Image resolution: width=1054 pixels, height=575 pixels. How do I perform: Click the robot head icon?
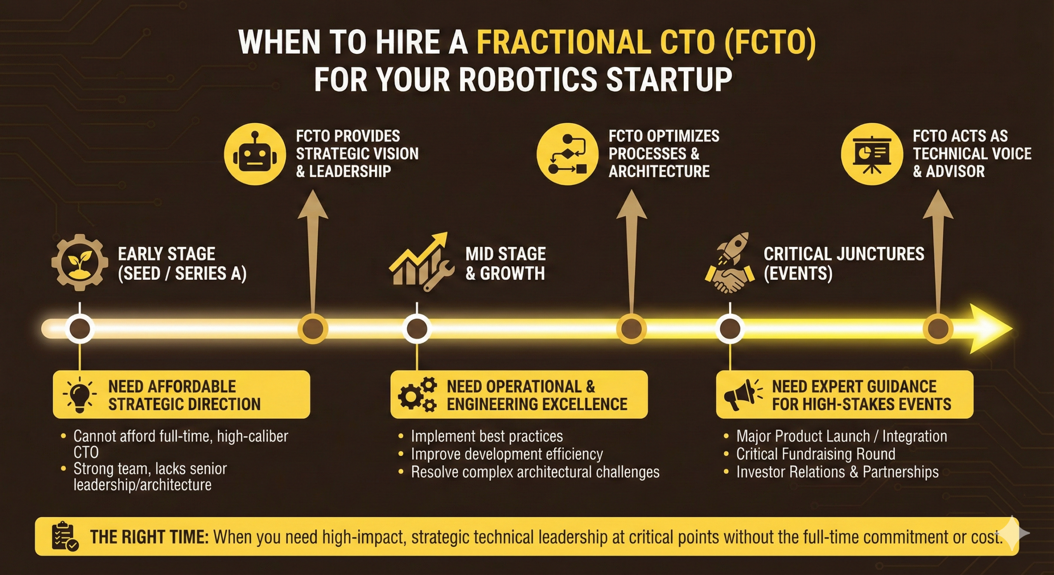click(255, 154)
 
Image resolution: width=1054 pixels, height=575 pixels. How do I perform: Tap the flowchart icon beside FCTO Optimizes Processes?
click(567, 154)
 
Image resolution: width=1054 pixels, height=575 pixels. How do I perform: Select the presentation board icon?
click(872, 154)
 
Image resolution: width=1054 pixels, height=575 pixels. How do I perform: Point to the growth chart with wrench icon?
click(421, 263)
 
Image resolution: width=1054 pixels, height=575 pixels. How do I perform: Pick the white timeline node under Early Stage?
click(80, 329)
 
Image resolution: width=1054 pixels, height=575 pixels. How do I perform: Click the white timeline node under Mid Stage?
click(417, 329)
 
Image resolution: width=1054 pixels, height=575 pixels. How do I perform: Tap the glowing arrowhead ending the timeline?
click(990, 329)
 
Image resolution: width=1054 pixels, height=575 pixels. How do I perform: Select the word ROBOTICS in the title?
click(527, 79)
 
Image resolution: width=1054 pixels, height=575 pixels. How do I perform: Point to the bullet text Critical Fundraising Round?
click(816, 454)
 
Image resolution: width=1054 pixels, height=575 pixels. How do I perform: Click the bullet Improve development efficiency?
click(507, 454)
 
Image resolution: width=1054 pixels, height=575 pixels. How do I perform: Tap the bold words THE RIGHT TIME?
click(149, 537)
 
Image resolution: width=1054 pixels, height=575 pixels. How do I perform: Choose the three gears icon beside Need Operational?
click(417, 395)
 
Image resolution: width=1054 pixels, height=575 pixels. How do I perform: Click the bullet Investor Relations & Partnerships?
click(837, 472)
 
